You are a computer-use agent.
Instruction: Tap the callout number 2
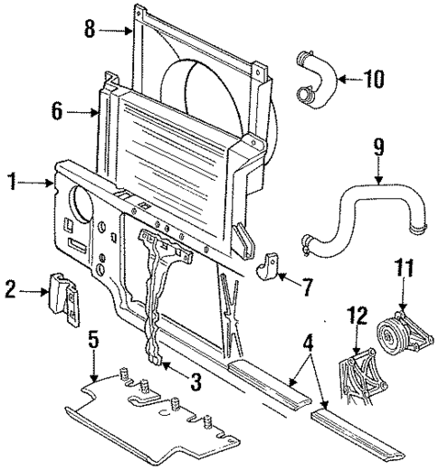tap(10, 291)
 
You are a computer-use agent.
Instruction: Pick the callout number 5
tap(93, 341)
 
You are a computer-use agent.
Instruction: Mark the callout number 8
tap(90, 30)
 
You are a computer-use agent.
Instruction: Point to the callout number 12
tap(358, 316)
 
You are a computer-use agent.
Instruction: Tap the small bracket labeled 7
tap(270, 268)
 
